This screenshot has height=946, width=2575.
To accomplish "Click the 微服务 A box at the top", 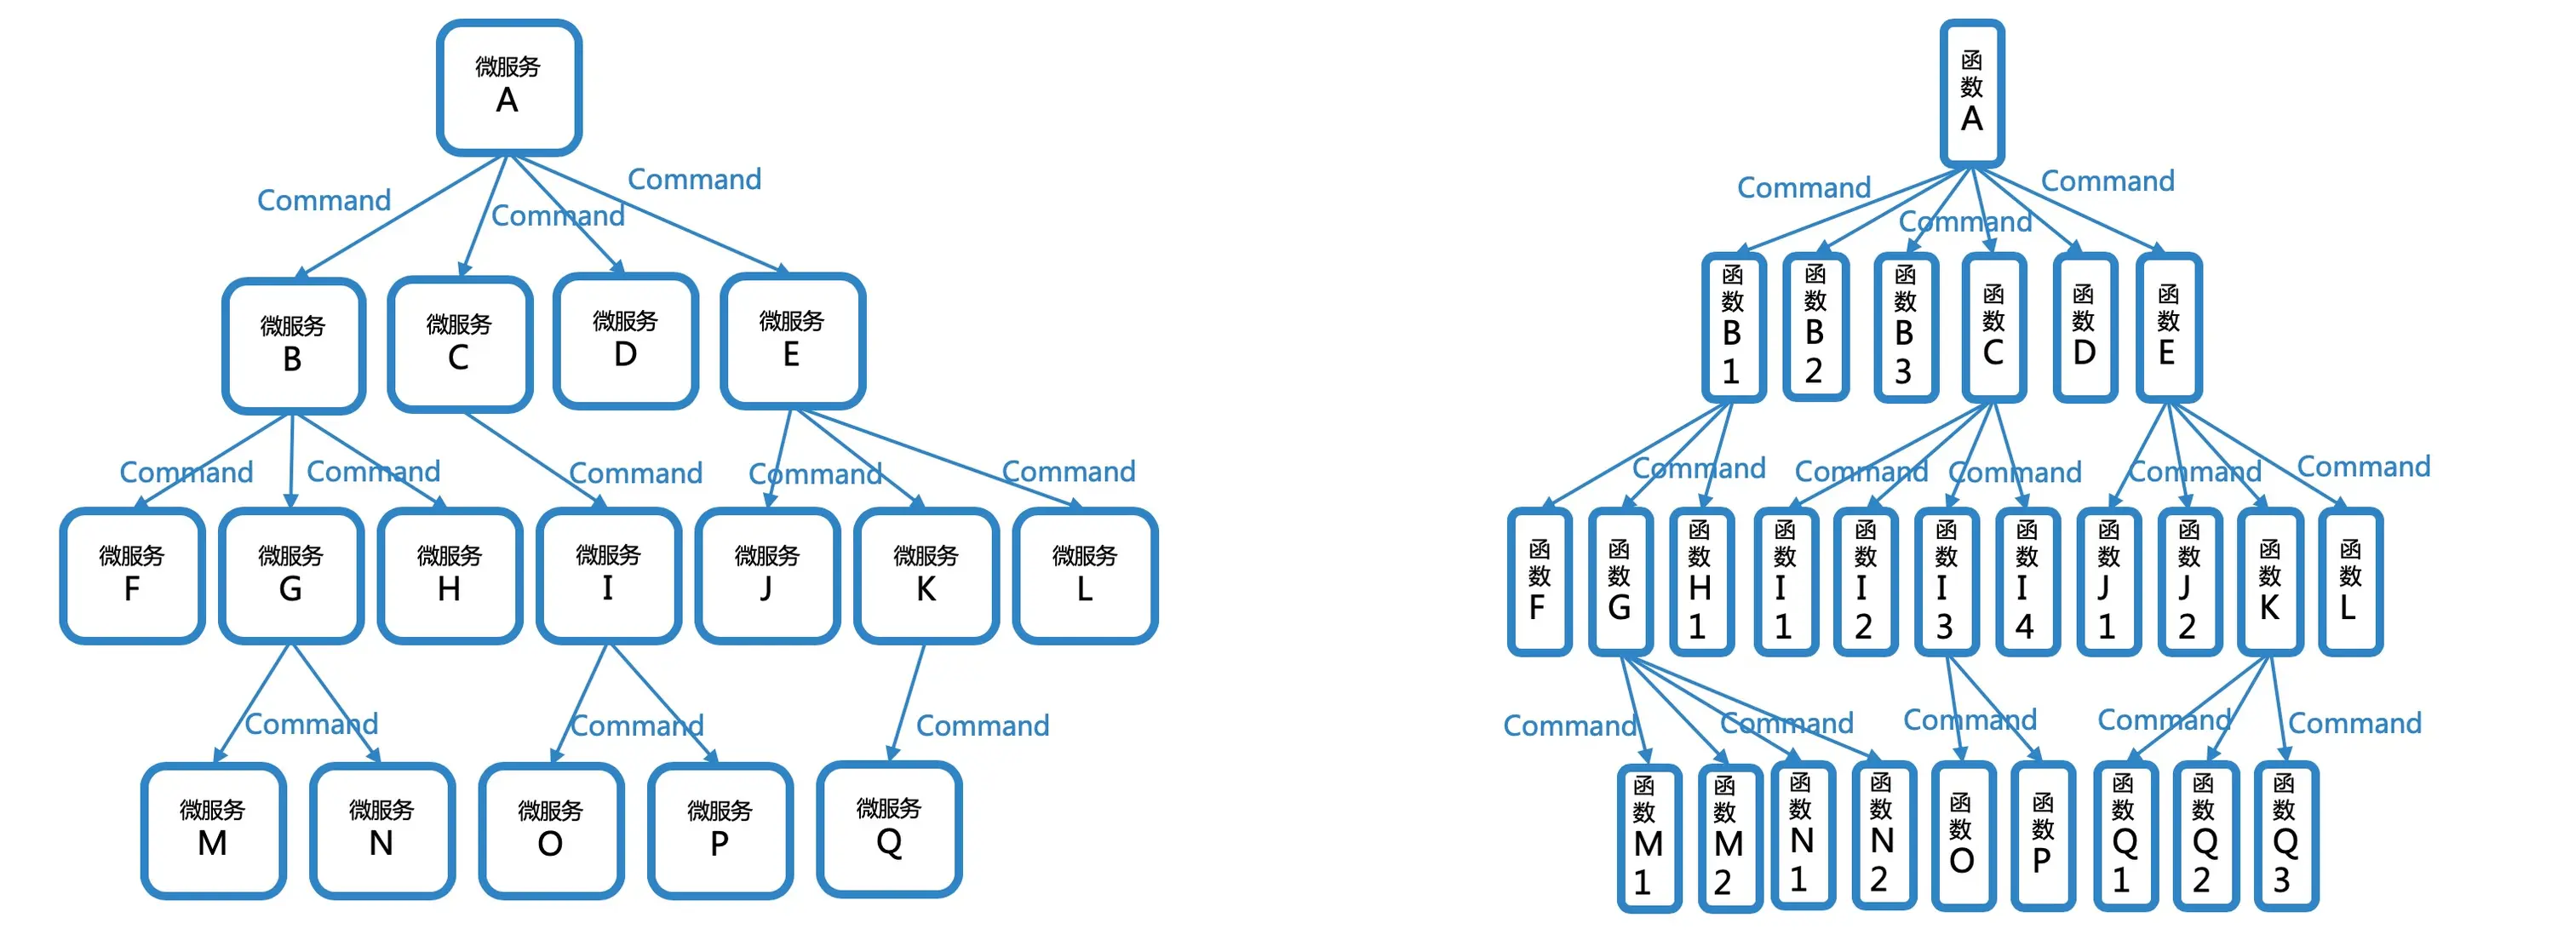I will click(509, 88).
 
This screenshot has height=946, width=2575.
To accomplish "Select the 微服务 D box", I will click(626, 341).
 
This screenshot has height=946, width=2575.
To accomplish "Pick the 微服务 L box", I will click(1085, 576).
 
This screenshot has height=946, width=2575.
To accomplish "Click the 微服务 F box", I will click(132, 576).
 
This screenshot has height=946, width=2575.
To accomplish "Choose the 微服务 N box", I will click(381, 831).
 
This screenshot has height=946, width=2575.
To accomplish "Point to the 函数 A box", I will click(1971, 93).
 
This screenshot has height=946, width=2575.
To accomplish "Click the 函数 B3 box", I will click(1905, 328).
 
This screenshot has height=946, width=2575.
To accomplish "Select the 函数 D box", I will click(2085, 328).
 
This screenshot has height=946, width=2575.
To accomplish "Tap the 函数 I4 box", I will click(2027, 582).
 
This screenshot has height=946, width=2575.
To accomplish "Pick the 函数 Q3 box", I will click(2285, 836).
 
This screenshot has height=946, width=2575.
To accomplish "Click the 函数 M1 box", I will click(1649, 838).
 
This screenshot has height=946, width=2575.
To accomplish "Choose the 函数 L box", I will click(2349, 582).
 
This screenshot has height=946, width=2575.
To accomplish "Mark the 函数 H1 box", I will click(1700, 582).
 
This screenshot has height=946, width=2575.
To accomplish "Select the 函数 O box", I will click(1962, 836).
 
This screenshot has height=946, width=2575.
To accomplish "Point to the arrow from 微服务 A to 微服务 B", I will click(400, 217).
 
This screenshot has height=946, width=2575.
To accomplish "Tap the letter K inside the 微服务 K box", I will click(926, 590).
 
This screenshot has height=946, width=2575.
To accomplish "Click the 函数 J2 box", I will click(2188, 582).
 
